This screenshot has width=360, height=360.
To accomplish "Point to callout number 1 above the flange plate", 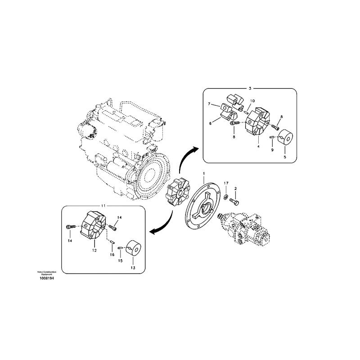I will (x=203, y=174).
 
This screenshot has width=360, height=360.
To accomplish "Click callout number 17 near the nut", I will (x=226, y=183).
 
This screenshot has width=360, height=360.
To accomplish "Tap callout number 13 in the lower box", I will (x=132, y=267).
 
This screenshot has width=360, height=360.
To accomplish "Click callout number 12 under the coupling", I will (x=94, y=250).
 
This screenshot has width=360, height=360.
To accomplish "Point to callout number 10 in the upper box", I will (x=252, y=101).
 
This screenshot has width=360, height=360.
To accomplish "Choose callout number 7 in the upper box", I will (x=209, y=104).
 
